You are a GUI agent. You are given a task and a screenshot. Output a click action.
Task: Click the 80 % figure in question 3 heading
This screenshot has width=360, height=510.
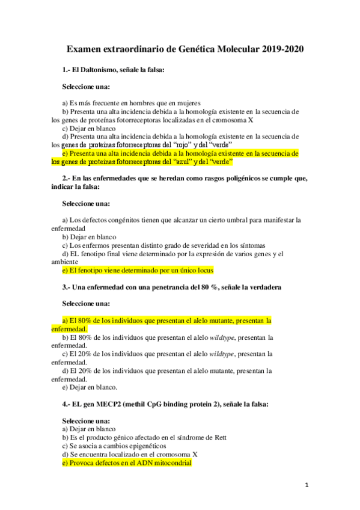click(198, 287)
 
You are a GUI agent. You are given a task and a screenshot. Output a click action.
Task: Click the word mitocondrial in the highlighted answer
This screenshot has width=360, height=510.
click(171, 463)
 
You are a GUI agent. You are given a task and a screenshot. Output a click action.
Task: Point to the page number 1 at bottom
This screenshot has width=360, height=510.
click(306, 485)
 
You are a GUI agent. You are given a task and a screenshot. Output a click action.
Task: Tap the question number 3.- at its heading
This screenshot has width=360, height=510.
click(67, 287)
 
